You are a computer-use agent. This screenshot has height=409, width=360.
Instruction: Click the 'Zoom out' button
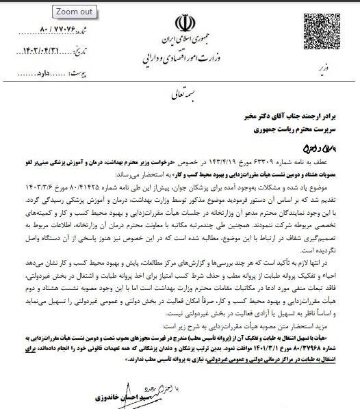[x=75, y=12]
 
